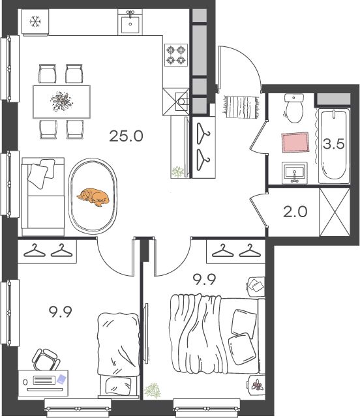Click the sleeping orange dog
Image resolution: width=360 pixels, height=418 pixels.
[x=93, y=197]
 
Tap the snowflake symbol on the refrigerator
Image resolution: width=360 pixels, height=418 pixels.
[x=35, y=22]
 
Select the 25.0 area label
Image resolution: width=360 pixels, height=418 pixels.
[x=126, y=136]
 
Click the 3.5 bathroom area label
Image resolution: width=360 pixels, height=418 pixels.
[x=334, y=144]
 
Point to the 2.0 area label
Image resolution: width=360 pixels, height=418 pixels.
[x=295, y=212]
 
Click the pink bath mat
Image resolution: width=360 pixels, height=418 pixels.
[x=295, y=142]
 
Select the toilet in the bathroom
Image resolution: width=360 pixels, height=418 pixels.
[x=294, y=108]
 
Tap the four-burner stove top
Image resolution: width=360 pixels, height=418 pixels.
[x=176, y=55]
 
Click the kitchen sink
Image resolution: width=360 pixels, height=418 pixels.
[x=130, y=22]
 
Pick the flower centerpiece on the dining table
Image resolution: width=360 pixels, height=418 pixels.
[x=62, y=101]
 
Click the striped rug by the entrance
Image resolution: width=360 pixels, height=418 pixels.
[x=241, y=107]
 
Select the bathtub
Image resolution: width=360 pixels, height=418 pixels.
[x=334, y=146]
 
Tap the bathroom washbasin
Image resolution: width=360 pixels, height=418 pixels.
[x=294, y=173]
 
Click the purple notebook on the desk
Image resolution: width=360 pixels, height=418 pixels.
[x=61, y=379]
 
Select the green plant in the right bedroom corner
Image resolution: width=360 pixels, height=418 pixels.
[x=153, y=390]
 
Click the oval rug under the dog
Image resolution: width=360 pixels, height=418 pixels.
[x=93, y=196]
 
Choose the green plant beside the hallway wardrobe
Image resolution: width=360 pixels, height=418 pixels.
[x=177, y=172]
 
